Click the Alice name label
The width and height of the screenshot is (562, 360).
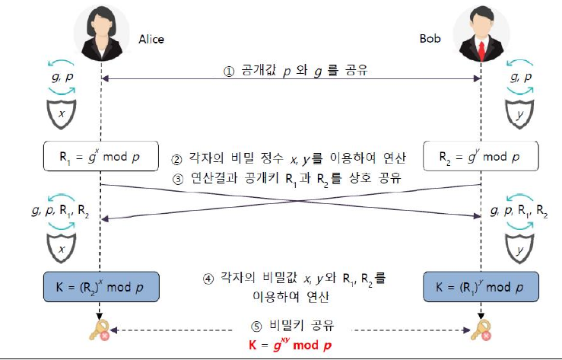click(151, 39)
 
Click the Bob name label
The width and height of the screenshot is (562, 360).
click(430, 38)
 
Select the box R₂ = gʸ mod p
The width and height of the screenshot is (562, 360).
click(481, 156)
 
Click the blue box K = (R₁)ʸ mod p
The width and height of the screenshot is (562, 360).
click(481, 288)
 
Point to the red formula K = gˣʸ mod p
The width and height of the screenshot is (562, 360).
click(291, 345)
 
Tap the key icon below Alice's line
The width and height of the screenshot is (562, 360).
click(100, 330)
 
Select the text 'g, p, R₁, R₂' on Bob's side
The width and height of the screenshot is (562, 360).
click(519, 210)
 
